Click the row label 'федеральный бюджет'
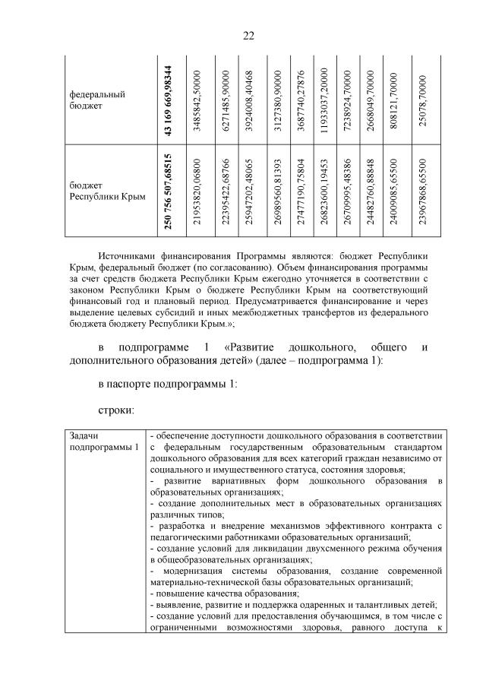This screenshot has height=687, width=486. pyautogui.click(x=97, y=100)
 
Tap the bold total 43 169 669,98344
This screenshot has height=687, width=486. pyautogui.click(x=168, y=100)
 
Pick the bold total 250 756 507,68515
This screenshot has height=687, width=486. pyautogui.click(x=168, y=192)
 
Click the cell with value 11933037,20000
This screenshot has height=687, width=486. pyautogui.click(x=323, y=100)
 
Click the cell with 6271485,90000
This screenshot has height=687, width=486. pyautogui.click(x=226, y=100)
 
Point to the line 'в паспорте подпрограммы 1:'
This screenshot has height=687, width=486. pyautogui.click(x=168, y=385)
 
